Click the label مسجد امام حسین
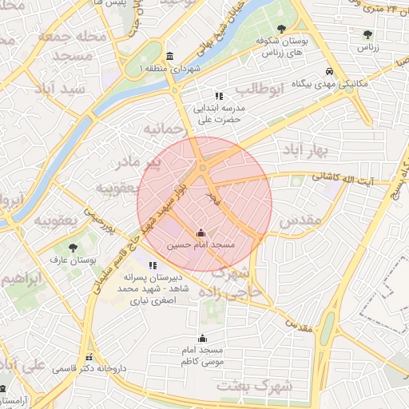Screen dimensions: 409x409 click(201, 245)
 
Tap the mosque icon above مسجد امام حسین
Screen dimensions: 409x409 click(201, 233)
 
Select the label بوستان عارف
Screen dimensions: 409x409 click(73, 260)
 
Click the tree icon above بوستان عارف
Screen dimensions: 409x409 click(73, 248)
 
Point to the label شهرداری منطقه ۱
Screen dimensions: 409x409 click(169, 70)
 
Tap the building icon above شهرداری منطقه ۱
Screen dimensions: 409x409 click(169, 57)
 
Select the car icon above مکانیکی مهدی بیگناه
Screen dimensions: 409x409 click(329, 70)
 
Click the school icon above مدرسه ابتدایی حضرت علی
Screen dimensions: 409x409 click(218, 96)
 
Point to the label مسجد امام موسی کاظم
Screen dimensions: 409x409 click(202, 356)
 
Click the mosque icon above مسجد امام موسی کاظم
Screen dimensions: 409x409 click(202, 338)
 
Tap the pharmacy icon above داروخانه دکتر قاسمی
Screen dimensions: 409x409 click(89, 357)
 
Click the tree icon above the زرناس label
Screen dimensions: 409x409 click(367, 34)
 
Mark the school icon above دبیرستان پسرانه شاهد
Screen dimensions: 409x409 click(153, 265)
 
